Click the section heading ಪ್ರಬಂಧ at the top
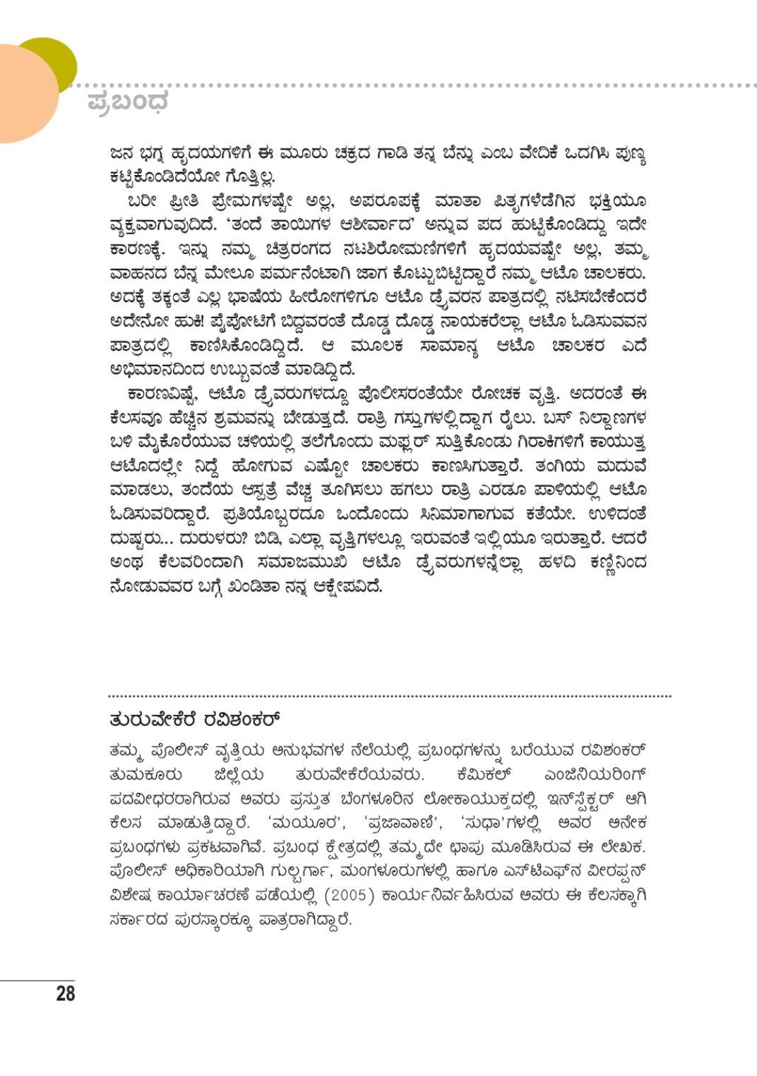(128, 102)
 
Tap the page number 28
(65, 993)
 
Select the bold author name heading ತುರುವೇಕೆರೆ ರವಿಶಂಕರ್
(195, 720)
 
